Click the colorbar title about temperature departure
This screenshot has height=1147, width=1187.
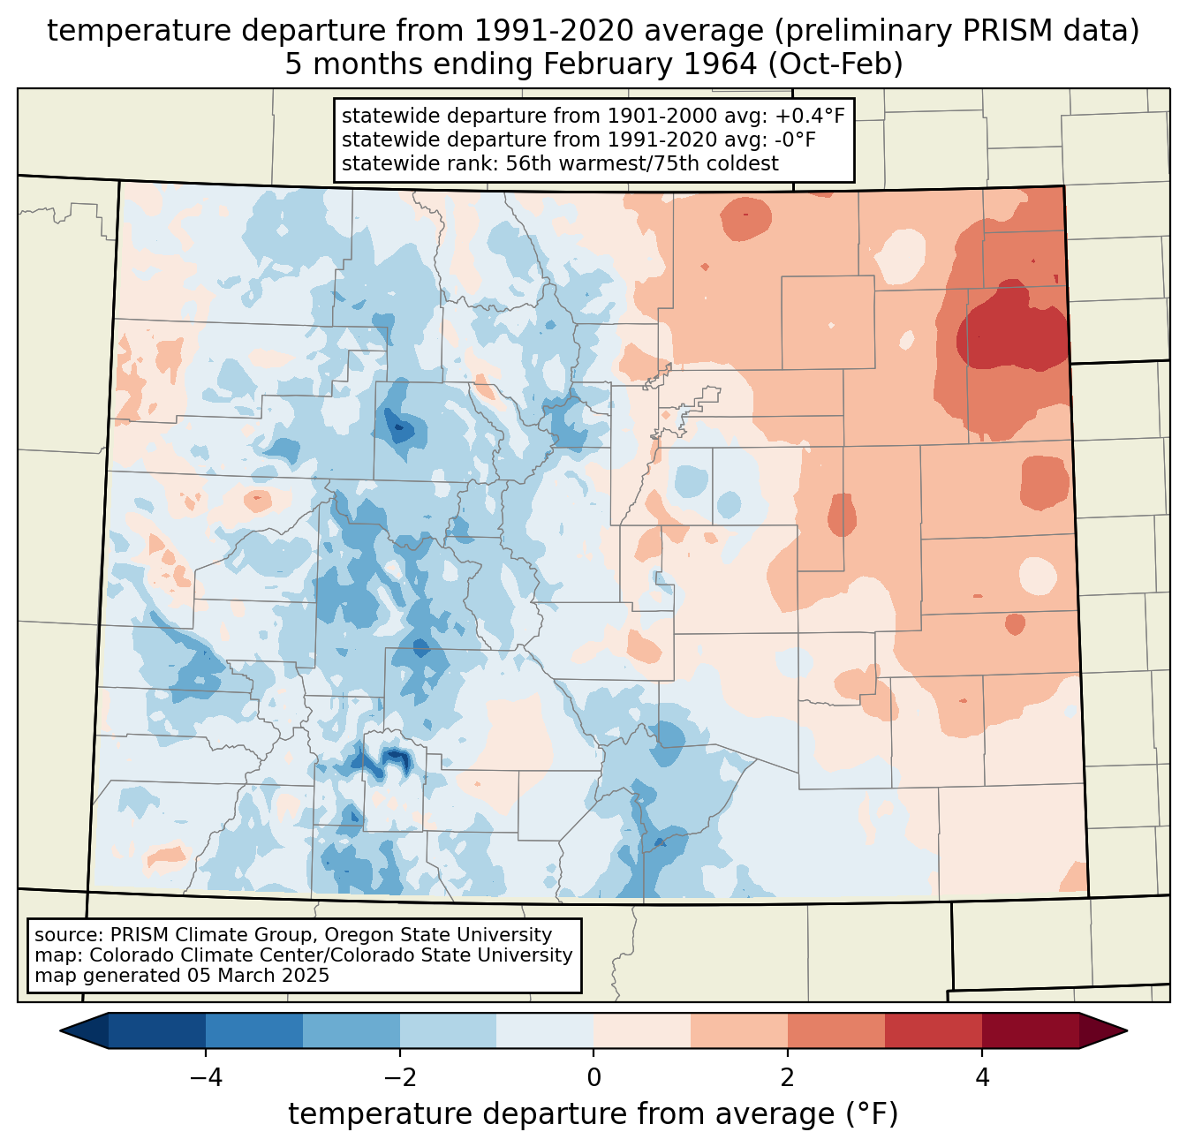(x=593, y=1114)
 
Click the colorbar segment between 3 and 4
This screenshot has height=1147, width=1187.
(x=934, y=1030)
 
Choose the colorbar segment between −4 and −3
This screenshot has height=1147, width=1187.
(x=254, y=1030)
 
